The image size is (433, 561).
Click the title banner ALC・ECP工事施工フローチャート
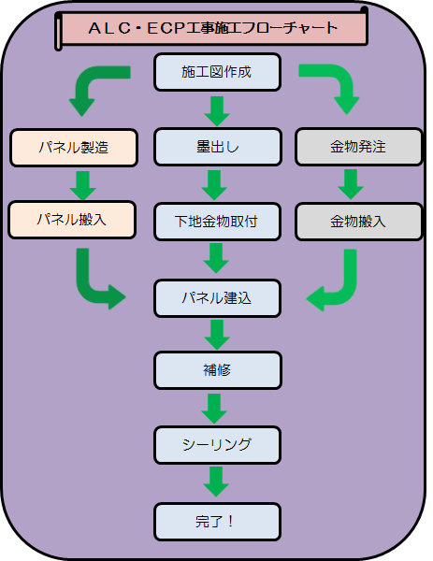click(x=212, y=29)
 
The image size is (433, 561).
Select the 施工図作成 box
click(x=217, y=72)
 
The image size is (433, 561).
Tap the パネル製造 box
click(x=72, y=147)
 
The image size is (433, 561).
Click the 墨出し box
click(x=217, y=147)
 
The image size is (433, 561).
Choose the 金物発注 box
click(x=358, y=147)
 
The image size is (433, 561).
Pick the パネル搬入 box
click(x=72, y=220)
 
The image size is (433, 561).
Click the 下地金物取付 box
click(x=217, y=222)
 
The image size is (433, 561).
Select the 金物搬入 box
click(x=358, y=222)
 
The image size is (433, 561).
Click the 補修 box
click(x=217, y=369)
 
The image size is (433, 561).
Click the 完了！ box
click(x=217, y=520)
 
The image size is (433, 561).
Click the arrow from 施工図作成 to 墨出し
click(x=217, y=109)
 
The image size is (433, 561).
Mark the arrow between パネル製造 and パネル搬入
click(x=83, y=183)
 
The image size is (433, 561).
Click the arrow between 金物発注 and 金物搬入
click(x=347, y=184)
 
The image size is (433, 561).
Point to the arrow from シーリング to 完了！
click(x=217, y=482)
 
